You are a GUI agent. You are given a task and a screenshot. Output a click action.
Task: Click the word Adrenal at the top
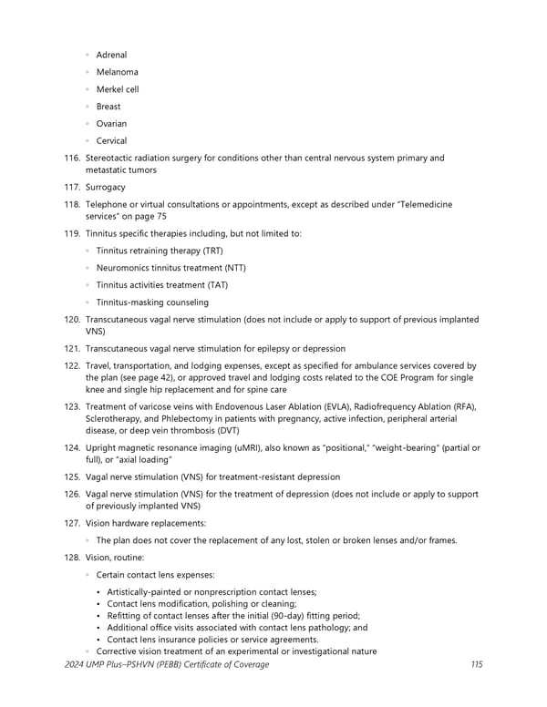[111, 55]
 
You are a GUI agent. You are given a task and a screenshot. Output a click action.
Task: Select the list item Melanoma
[117, 72]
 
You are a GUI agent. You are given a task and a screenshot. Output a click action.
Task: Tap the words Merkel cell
[117, 89]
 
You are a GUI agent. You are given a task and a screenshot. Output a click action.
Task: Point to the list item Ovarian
[111, 124]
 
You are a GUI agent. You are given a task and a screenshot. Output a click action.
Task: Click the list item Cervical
[111, 141]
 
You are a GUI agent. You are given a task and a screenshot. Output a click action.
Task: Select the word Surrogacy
[106, 187]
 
